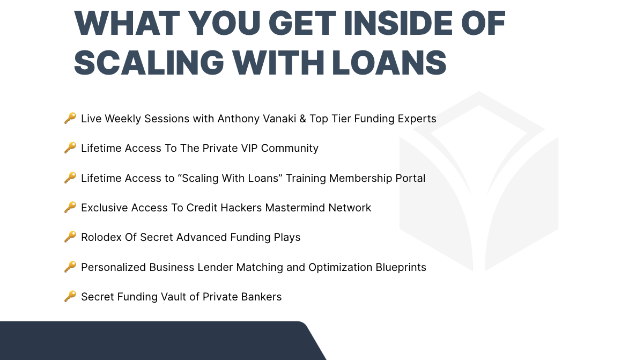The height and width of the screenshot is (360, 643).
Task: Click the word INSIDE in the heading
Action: [x=398, y=23]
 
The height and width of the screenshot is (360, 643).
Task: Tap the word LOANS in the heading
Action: [x=389, y=63]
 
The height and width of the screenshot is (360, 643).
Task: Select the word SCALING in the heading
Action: [x=149, y=63]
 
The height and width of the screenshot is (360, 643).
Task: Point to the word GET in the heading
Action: [x=302, y=23]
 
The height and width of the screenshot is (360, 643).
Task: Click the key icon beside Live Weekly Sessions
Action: [x=70, y=118]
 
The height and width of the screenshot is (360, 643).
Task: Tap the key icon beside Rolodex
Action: [x=70, y=237]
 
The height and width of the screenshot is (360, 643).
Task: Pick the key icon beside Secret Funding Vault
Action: [x=70, y=296]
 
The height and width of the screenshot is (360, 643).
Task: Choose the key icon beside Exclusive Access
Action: [x=70, y=207]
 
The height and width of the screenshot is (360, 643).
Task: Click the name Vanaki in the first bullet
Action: [x=279, y=119]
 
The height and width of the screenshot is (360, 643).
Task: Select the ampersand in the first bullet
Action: [x=302, y=119]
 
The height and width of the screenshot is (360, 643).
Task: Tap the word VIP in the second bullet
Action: [x=249, y=148]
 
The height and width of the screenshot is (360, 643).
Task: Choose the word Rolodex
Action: [x=101, y=237]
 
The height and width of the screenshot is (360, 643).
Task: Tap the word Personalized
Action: [x=114, y=267]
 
